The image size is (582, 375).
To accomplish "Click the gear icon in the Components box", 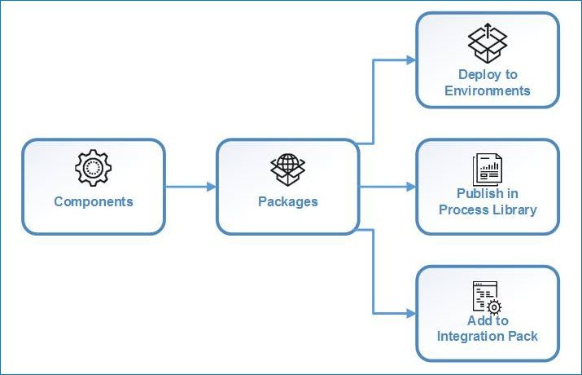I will coord(93,169).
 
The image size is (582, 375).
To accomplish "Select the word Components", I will coord(93,201).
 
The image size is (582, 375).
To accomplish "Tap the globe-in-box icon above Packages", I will coord(287,169).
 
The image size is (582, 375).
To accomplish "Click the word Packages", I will coord(287,201).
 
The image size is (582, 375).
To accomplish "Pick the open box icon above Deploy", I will coord(488,42).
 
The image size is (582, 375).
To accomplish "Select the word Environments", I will coord(488,90).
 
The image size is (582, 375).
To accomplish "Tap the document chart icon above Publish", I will coord(488,169).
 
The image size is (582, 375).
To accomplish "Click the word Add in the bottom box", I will coord(478,320).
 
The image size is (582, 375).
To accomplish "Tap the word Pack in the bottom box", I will coord(523,336).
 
